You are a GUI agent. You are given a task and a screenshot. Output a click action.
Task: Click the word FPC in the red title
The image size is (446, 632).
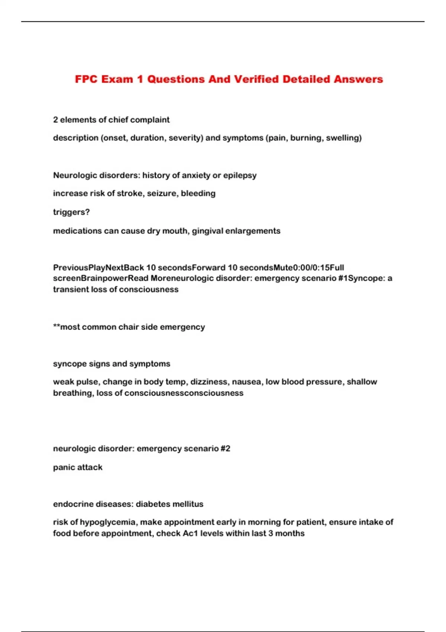pos(86,79)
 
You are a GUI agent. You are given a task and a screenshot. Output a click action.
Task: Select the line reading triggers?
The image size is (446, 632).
pos(71,212)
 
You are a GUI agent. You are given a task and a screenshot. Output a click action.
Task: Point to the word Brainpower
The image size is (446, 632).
pos(104,278)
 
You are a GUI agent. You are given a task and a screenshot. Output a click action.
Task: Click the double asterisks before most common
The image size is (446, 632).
pos(56,327)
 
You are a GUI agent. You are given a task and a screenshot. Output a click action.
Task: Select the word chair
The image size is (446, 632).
pos(129,327)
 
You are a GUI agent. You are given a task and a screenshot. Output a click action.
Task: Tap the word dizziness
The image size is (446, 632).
pos(209,382)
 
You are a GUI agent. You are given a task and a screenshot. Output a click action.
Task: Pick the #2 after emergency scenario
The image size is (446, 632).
pos(225,449)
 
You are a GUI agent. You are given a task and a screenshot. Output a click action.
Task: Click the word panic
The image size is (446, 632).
pos(64,467)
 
